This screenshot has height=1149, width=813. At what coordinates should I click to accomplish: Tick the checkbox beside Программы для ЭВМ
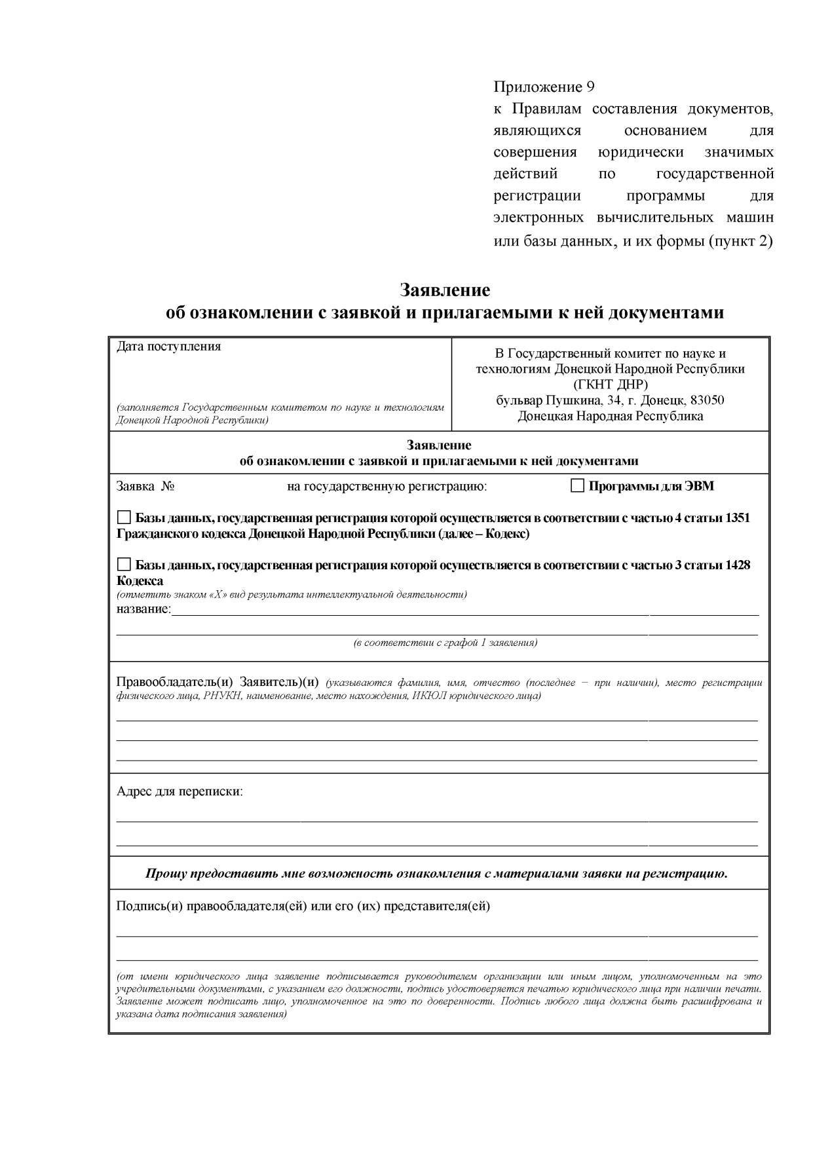[577, 486]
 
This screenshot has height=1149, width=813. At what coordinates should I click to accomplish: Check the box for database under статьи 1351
[124, 518]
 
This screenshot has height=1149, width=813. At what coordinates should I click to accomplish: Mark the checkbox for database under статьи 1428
[124, 565]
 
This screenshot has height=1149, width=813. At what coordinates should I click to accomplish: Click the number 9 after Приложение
[590, 87]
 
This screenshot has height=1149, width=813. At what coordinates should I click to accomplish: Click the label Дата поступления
[168, 347]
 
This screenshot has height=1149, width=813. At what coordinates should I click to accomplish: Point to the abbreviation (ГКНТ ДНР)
[610, 385]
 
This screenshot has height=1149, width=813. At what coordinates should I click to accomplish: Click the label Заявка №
[145, 487]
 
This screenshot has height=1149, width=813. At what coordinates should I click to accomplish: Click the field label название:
[143, 609]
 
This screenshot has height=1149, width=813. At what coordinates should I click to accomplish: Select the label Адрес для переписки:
[180, 791]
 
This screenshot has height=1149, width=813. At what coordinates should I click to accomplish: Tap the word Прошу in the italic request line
[164, 874]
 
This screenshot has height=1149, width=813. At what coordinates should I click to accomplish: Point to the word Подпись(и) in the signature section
[149, 907]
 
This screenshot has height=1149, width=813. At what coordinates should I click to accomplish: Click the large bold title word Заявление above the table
[445, 290]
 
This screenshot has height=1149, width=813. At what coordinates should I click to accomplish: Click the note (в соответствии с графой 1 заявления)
[445, 643]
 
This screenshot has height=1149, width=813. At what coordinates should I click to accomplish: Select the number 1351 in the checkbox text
[737, 518]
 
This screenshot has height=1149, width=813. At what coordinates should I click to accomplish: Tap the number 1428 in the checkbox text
[737, 565]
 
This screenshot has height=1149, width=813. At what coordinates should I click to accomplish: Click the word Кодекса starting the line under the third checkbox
[140, 580]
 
